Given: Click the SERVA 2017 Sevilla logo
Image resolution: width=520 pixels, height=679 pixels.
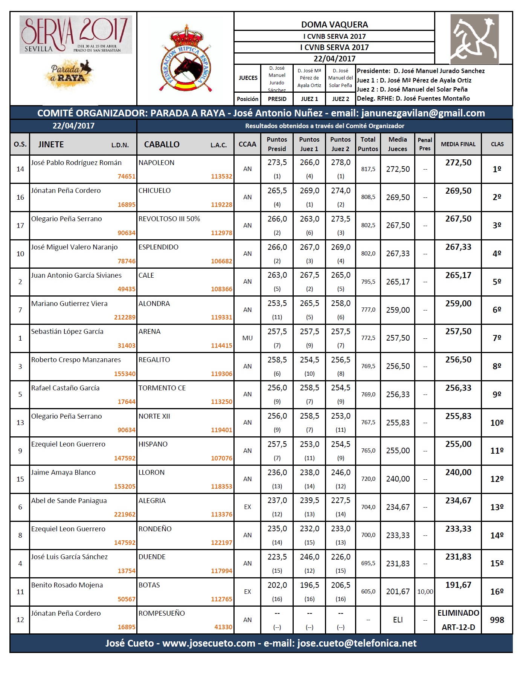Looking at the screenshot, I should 76,35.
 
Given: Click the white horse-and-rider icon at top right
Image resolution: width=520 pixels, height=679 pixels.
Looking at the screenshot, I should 474,39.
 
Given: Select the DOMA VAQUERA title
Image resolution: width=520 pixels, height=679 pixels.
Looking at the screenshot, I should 334,24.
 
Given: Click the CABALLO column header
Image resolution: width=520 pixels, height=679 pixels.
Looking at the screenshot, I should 162,144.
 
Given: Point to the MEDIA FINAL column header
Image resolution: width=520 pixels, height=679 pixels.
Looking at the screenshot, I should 458,144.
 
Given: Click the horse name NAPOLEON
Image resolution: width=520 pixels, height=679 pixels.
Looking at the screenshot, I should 156,163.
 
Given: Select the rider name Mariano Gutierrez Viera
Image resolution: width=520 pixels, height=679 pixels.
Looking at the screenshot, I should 69,304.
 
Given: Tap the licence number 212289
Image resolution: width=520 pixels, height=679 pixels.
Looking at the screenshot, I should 125,317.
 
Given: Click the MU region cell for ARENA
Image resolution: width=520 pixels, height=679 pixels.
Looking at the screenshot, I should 247,338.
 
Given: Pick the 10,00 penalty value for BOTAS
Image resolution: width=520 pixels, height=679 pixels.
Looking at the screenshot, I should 425,592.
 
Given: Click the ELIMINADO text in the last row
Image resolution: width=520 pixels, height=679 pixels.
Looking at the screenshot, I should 458,613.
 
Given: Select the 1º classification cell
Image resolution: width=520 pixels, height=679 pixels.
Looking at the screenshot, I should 497,169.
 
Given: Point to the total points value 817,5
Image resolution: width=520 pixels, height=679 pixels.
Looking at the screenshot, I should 368,169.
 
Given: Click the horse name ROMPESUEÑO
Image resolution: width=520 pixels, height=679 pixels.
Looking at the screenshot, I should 162,613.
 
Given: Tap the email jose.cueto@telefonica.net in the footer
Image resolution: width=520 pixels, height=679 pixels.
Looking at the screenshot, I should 357,643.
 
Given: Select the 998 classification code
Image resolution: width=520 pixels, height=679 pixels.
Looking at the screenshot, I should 497,620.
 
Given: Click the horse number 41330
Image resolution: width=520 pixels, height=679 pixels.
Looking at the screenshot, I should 223,627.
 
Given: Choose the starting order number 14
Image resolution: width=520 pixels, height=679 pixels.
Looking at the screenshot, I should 20,169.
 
